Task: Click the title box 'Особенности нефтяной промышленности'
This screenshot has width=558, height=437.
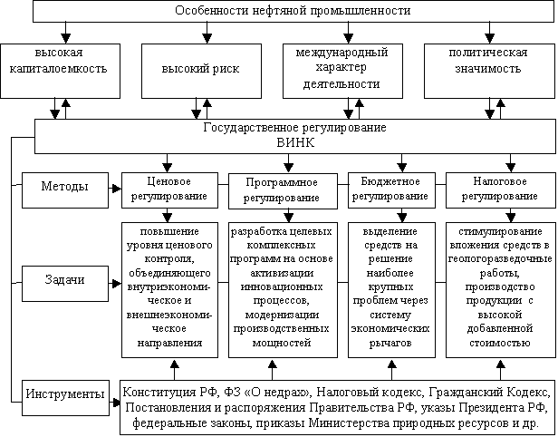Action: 293,11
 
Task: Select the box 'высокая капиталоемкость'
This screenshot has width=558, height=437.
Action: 60,71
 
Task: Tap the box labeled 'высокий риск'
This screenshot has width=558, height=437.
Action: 201,71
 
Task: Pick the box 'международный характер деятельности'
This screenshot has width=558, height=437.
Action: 342,71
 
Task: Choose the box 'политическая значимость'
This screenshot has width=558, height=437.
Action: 489,71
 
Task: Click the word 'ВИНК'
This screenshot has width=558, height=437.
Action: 295,143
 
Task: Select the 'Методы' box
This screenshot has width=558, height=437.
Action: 65,190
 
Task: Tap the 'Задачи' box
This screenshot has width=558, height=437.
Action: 65,284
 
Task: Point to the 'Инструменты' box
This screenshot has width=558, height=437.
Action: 65,397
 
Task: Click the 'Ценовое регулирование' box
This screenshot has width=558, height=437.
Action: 169,190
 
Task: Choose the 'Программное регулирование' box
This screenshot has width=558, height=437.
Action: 283,191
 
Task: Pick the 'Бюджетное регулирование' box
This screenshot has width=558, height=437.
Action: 391,190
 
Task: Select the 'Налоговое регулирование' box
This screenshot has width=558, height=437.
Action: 501,190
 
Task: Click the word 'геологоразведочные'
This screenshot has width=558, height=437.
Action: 500,259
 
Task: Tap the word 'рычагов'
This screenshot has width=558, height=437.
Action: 390,343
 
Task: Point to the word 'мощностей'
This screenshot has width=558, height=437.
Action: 282,343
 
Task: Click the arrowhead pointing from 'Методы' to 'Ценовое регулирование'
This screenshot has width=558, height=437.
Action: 117,189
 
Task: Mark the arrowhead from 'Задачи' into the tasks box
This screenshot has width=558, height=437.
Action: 117,284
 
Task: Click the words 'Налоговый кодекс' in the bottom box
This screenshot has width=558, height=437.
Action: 370,393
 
